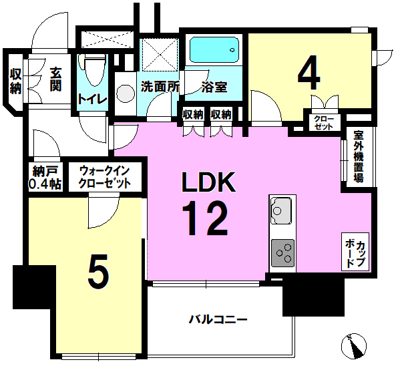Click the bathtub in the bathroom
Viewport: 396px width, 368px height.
(x=214, y=50)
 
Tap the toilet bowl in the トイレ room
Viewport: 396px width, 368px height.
(x=93, y=70)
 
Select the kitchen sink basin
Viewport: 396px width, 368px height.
(x=281, y=210)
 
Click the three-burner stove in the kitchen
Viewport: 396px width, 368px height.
(x=283, y=253)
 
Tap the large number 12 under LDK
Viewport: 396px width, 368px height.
(x=205, y=218)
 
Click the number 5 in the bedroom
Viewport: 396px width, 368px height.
(x=98, y=272)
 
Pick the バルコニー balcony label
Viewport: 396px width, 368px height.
(x=218, y=320)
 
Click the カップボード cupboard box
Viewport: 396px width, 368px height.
(x=355, y=252)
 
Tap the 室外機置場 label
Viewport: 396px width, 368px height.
(x=359, y=157)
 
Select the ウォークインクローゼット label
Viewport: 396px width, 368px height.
(x=105, y=177)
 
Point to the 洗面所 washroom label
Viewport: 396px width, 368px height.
(x=160, y=87)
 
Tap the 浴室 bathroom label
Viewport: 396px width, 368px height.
(x=214, y=87)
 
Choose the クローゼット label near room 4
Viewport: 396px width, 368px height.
(x=324, y=123)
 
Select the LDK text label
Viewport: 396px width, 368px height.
(x=209, y=182)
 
